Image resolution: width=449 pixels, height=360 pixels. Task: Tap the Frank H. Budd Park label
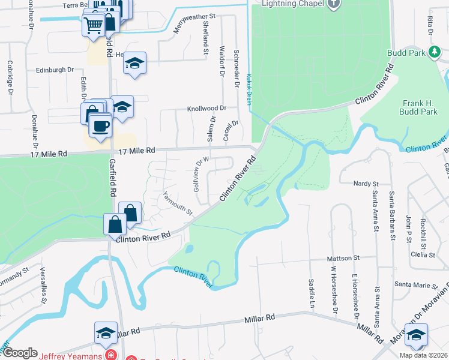418,107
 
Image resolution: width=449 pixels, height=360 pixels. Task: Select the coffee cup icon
100,127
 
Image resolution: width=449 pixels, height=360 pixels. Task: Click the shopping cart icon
93,26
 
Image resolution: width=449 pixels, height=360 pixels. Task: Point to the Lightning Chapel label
292,4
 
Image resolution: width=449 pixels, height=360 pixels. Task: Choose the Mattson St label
343,258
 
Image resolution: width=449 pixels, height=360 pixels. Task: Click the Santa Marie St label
414,283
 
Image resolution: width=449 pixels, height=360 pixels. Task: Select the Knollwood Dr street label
206,109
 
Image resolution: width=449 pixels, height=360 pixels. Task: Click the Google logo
20,353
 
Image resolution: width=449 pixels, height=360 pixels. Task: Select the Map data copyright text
423,355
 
